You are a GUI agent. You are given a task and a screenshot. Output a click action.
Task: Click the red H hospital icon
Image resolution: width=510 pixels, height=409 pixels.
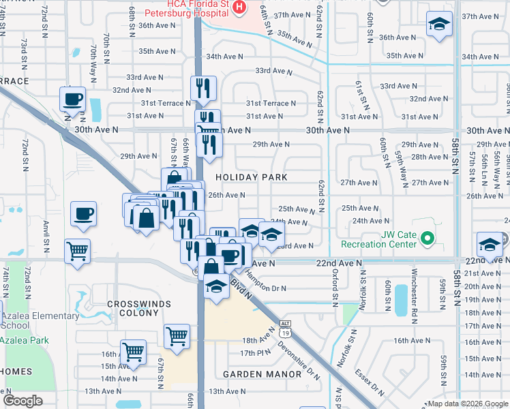(x=239, y=7)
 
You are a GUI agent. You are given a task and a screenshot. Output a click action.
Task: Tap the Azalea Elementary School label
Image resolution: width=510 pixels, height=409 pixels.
(x=40, y=320)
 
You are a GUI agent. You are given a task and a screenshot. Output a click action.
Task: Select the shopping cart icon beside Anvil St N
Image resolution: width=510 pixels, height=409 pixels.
(x=78, y=250)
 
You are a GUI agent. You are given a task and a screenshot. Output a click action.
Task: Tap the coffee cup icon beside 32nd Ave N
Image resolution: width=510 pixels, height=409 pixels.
(x=72, y=100)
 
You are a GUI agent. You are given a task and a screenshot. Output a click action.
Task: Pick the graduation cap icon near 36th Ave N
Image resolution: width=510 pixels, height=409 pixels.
(x=439, y=25)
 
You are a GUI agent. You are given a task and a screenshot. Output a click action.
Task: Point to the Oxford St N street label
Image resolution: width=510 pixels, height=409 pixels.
(x=335, y=286)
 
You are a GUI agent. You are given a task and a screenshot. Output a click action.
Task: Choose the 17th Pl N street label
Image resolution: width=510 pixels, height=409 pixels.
(x=256, y=352)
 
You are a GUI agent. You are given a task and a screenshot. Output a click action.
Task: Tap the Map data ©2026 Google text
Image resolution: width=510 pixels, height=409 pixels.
(x=468, y=404)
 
